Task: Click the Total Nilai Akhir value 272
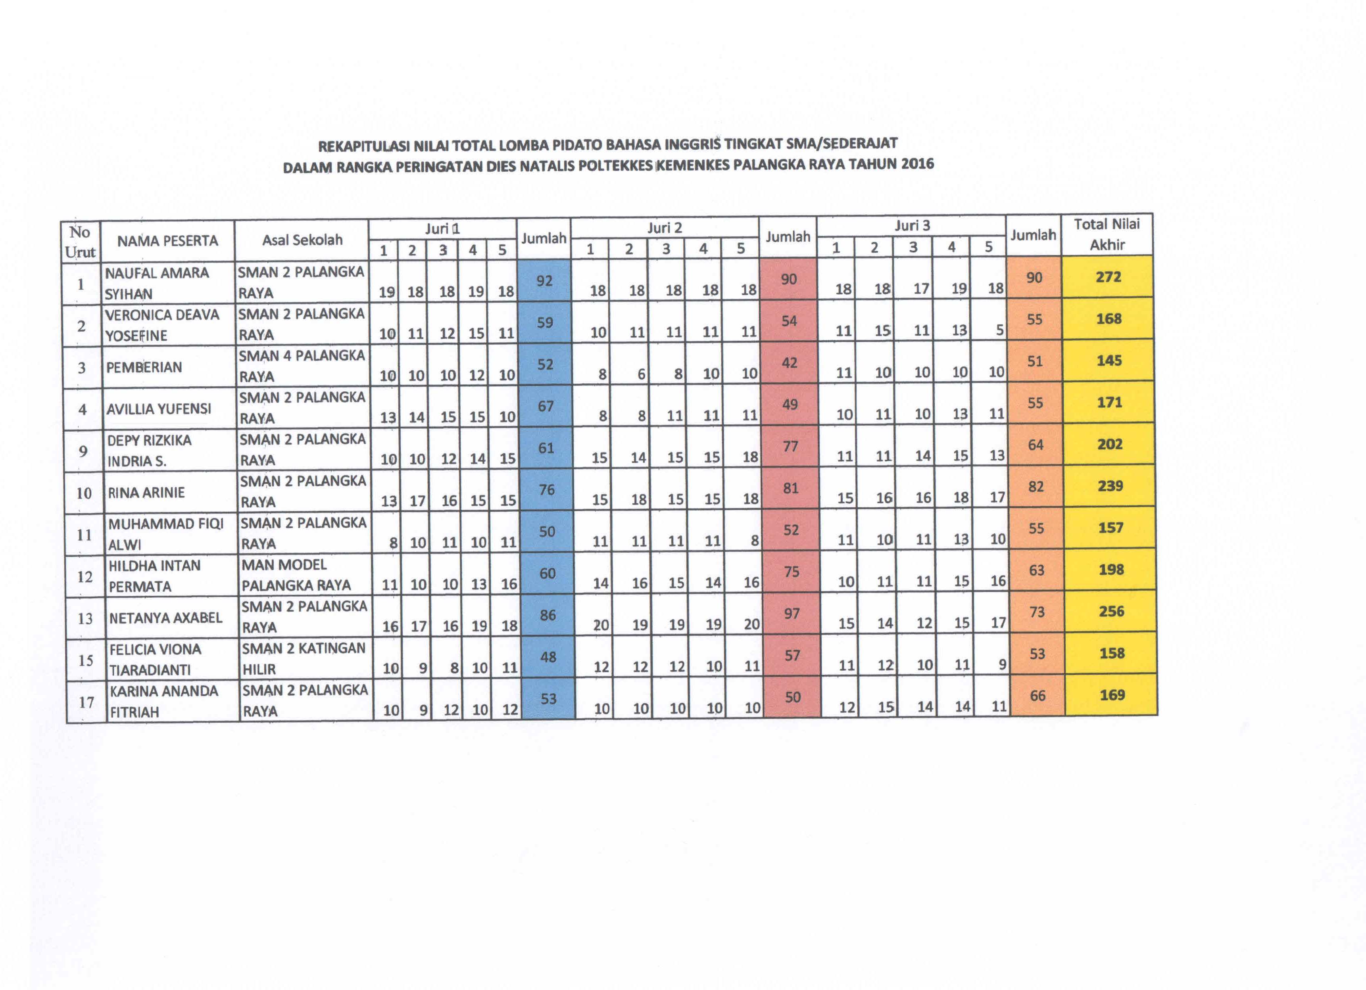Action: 1108,277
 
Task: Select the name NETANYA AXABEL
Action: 165,617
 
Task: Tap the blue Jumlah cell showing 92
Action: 544,281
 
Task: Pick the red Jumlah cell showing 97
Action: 792,613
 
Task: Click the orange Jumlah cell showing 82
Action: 1036,487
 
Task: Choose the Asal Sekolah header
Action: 302,240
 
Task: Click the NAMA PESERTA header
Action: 167,241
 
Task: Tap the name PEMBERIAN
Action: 144,367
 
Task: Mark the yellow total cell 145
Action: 1109,361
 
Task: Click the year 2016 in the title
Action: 917,163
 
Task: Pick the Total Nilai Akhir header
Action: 1107,234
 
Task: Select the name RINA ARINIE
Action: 146,493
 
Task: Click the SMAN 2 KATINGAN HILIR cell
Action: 304,658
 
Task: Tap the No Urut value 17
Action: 86,702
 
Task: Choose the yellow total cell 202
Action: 1109,444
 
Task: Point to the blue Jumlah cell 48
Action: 548,657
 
